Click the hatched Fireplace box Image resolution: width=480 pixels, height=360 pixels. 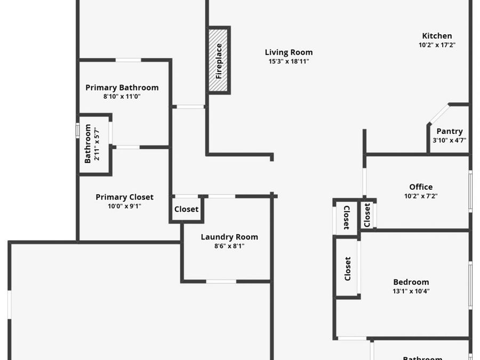pos(218,60)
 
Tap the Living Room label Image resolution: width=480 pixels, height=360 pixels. pos(289,52)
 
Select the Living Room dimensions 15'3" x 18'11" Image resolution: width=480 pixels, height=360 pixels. pos(289,61)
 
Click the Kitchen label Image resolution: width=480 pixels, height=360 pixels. pos(437,36)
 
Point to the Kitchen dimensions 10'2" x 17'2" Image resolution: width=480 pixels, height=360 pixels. pos(437,45)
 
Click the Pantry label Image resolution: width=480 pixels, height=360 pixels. pos(450,131)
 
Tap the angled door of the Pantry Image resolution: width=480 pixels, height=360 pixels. pos(438,114)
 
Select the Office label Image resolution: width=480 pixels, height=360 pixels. pos(421,187)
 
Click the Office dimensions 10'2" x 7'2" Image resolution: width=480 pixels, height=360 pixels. pos(421,196)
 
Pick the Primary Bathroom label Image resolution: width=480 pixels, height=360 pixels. pos(122,87)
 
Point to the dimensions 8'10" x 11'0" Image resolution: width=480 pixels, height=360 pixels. pos(122,97)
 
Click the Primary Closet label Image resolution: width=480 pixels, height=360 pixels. pos(125,197)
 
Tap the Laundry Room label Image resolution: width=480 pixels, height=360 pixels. pos(229,237)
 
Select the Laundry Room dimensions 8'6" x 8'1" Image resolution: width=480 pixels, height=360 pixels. pos(229,246)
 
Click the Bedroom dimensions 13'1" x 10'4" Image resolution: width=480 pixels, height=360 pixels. pos(411,291)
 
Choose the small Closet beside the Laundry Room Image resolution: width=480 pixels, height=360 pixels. pos(187,210)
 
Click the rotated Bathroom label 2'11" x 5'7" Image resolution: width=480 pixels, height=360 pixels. pos(92,143)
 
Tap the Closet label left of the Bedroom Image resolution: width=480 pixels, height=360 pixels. pos(347,269)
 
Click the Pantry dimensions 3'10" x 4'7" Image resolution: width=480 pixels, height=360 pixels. pos(450,140)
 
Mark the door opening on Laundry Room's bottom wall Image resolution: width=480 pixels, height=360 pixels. pos(221,281)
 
